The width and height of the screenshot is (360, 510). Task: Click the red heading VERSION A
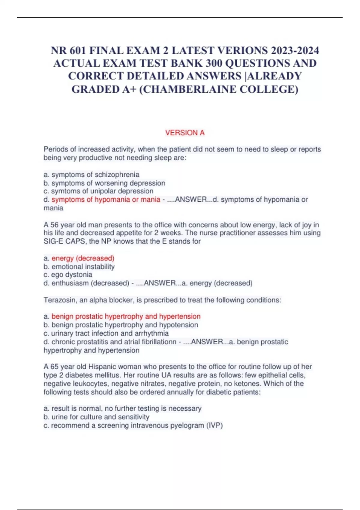[x=185, y=133]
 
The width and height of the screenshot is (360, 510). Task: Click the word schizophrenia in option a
[x=117, y=175]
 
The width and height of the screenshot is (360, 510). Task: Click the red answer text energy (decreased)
[x=83, y=258]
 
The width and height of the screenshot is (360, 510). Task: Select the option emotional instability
[x=83, y=266]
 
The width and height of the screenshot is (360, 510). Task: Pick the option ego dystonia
[x=72, y=274]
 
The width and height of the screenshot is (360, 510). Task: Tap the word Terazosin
[x=59, y=300]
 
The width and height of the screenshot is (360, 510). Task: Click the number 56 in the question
[x=55, y=225]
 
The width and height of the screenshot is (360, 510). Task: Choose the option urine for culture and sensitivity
[x=100, y=417]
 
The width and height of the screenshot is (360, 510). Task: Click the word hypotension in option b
[x=178, y=325]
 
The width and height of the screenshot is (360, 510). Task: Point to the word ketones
[x=247, y=384]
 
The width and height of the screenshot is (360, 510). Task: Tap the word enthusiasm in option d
[x=70, y=283]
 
